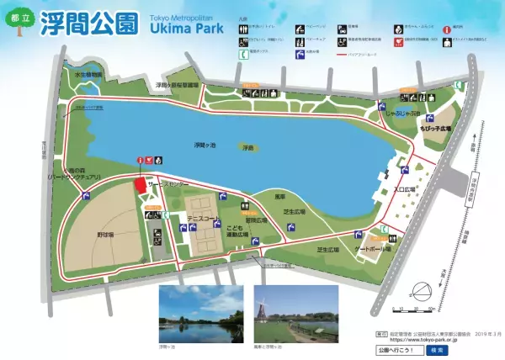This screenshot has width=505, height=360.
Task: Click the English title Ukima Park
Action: (x=188, y=28)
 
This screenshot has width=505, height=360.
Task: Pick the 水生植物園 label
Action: (x=88, y=75)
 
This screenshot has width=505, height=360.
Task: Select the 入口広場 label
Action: (x=406, y=190)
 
